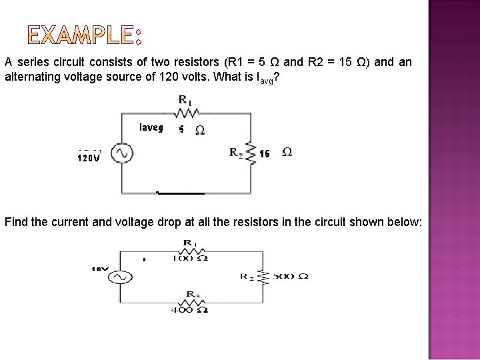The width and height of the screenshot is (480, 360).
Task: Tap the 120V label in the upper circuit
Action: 89,159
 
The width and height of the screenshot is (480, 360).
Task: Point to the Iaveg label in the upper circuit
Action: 151,127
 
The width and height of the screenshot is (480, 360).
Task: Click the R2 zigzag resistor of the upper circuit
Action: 251,153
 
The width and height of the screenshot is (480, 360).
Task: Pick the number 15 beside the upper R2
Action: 265,153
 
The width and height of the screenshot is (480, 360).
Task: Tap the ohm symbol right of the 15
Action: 287,153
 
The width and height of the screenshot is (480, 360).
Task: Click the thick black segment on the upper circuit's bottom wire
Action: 180,192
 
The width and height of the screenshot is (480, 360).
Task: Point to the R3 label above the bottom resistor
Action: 191,293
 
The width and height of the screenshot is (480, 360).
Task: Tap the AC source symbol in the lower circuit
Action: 120,277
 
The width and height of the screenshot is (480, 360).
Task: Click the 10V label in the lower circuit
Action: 100,269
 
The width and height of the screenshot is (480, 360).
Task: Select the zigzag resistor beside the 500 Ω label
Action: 262,276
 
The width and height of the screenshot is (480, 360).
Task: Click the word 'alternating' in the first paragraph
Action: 31,77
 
